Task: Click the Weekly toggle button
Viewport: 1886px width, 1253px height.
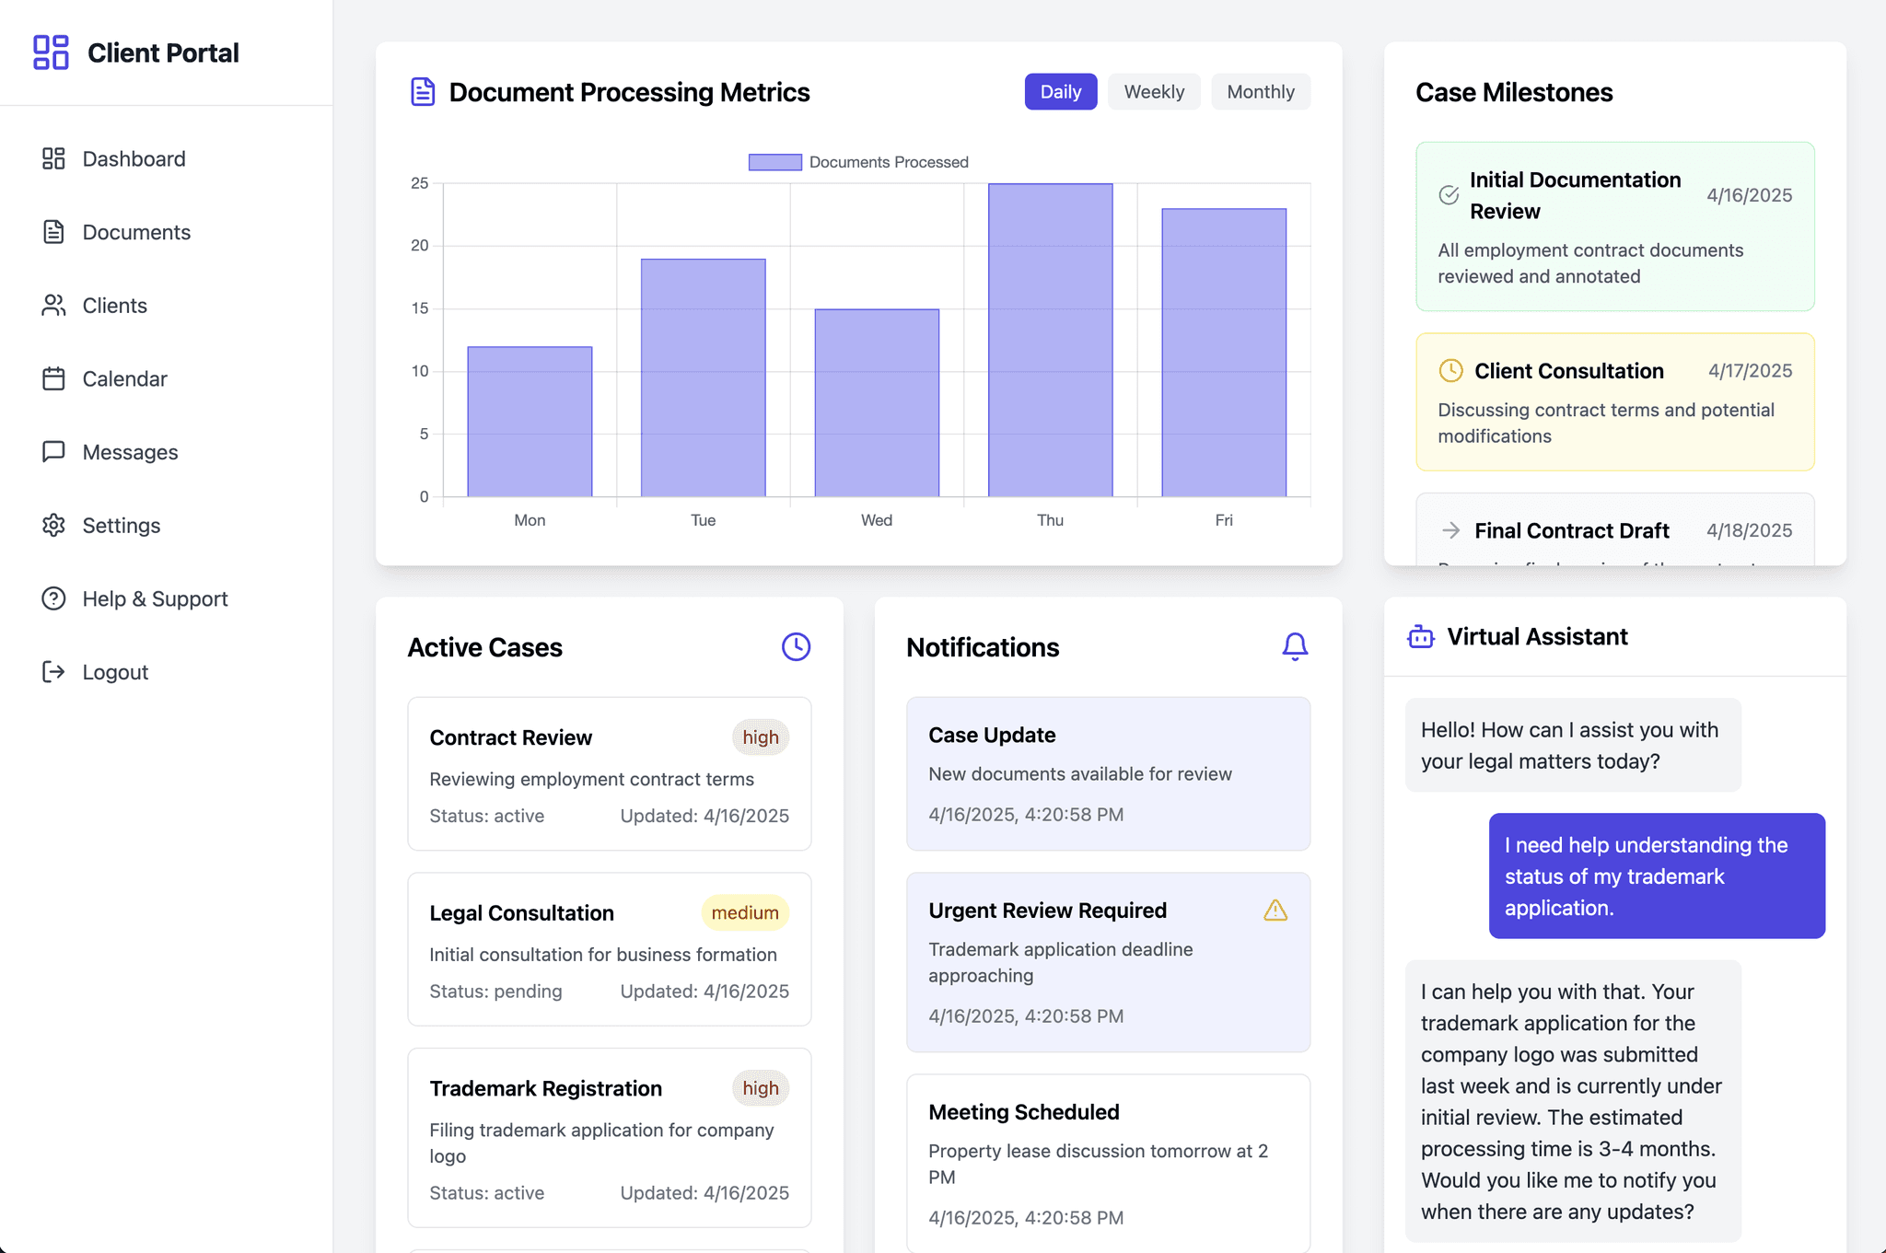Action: (x=1154, y=92)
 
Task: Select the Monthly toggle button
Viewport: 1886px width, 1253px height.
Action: (x=1261, y=92)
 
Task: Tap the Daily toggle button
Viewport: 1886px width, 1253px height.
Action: (x=1061, y=92)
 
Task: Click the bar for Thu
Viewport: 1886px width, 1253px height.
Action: (x=1050, y=340)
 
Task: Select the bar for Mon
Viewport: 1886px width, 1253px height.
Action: (x=530, y=422)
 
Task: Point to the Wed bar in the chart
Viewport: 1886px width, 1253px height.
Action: (x=877, y=402)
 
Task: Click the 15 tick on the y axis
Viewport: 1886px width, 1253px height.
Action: (x=420, y=308)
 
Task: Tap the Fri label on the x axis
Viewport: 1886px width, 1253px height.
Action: (x=1224, y=520)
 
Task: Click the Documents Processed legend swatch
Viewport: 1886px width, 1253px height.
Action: (x=775, y=162)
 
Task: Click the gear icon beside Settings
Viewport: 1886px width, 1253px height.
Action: (x=53, y=526)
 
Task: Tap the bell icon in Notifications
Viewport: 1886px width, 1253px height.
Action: (x=1295, y=646)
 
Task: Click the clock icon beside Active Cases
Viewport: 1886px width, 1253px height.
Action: (x=797, y=646)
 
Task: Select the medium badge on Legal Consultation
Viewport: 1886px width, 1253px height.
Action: (x=745, y=913)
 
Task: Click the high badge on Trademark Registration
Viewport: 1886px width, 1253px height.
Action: (x=761, y=1088)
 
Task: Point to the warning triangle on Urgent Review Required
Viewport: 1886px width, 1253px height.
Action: (x=1275, y=911)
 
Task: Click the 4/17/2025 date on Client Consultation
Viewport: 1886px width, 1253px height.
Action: (x=1750, y=371)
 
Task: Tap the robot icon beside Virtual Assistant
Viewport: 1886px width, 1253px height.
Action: (x=1421, y=636)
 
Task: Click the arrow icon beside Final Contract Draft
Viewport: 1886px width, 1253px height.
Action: (x=1451, y=530)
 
